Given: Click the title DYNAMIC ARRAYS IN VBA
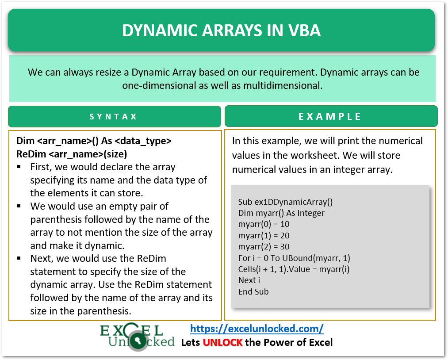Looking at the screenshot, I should tap(221, 30).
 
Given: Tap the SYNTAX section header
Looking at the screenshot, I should tap(114, 117).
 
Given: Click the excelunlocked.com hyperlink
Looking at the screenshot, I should tap(257, 329).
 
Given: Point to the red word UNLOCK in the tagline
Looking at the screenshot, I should tap(222, 342).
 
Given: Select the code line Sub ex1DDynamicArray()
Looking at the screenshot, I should tap(285, 202).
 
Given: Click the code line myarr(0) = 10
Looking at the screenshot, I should tap(264, 224).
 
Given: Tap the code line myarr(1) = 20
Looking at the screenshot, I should tap(264, 235).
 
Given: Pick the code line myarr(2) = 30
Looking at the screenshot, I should tap(264, 247).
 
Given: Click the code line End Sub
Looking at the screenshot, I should tap(253, 291).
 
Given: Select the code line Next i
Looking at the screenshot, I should tap(249, 280).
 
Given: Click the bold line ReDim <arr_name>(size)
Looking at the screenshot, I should tap(72, 154).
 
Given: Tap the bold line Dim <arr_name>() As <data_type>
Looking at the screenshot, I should tap(94, 141).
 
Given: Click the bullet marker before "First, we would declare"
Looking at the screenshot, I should tap(19, 167).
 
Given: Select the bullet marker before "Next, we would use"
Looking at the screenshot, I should tap(19, 258).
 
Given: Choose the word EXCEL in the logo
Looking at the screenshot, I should tap(131, 330).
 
